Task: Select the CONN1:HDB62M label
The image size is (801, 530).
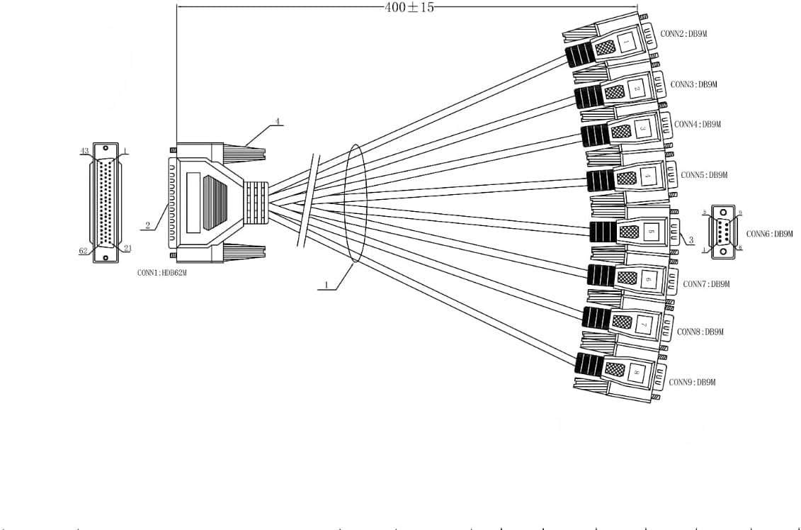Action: click(x=162, y=272)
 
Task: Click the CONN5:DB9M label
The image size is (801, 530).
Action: click(x=704, y=174)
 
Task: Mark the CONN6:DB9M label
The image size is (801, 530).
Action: click(x=769, y=233)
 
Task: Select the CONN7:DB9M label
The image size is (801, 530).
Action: click(x=706, y=284)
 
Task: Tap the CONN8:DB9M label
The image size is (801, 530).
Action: click(x=700, y=332)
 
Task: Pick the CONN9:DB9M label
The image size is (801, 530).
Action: click(x=693, y=383)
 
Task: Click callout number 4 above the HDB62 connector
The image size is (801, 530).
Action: click(x=278, y=121)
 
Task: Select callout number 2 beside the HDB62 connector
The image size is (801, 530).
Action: click(x=148, y=225)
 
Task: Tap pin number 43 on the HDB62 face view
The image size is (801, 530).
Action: click(x=84, y=151)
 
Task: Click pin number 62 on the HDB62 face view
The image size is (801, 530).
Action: click(x=83, y=250)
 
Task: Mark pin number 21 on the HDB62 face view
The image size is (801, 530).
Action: click(x=128, y=247)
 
